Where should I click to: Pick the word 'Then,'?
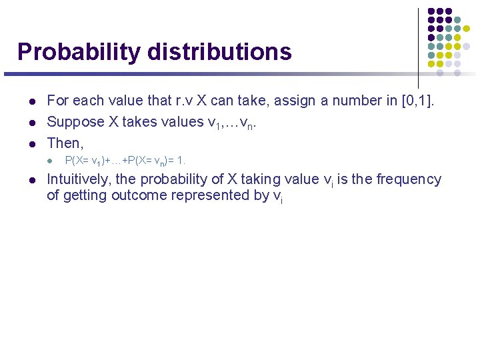click(65, 143)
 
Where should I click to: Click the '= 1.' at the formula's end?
click(177, 161)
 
